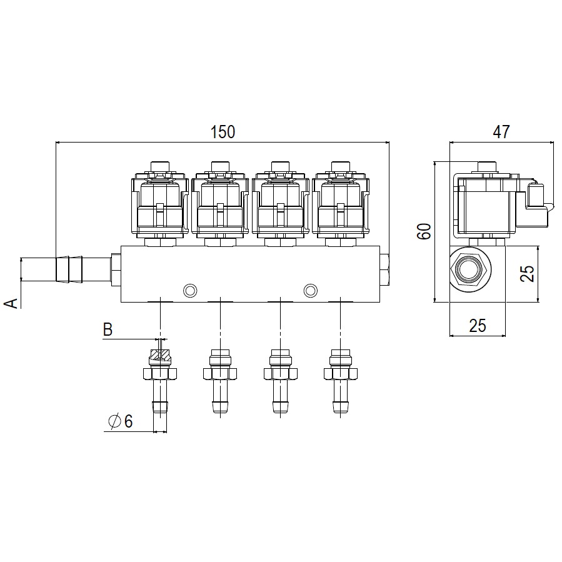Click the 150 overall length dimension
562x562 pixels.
coord(223,132)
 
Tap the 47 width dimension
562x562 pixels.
coord(501,132)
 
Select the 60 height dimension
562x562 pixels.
coord(424,231)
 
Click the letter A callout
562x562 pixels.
coord(11,303)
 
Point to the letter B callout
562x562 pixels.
coord(108,329)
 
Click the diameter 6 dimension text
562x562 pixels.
coord(121,421)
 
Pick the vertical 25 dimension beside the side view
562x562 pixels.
coord(527,274)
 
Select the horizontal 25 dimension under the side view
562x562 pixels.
coord(478,326)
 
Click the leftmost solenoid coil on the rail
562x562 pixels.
coord(160,204)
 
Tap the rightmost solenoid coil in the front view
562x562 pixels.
coord(341,204)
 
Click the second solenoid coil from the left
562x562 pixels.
coord(220,204)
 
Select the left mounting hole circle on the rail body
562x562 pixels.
coord(190,290)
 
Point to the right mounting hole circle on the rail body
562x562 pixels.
coord(311,290)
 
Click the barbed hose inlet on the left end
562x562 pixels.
coord(83,269)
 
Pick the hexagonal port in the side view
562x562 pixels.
coord(470,269)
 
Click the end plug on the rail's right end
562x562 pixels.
coord(384,269)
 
